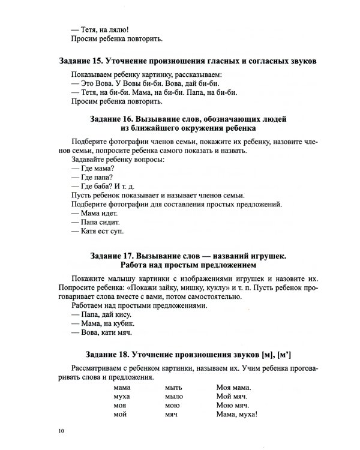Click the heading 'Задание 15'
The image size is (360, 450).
188,61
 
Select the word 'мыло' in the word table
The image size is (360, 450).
174,397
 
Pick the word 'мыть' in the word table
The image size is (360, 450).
173,388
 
